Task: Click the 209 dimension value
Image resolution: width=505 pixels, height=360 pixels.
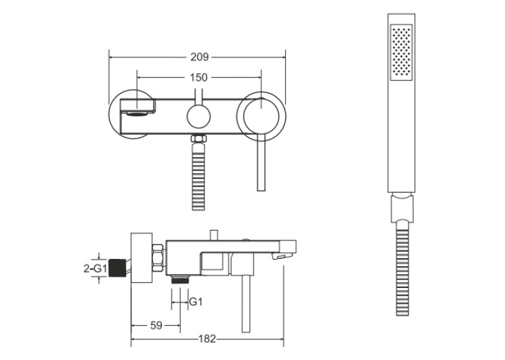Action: (x=199, y=57)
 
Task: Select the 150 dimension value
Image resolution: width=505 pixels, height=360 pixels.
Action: (x=199, y=78)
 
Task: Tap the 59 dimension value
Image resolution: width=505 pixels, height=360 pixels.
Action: (x=156, y=326)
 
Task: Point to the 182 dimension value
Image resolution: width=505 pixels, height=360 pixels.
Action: (x=207, y=339)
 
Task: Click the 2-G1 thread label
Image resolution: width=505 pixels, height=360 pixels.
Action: (x=94, y=268)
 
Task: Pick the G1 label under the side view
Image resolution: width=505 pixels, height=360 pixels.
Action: (x=196, y=302)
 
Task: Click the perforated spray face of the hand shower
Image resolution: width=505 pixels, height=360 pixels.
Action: (x=401, y=52)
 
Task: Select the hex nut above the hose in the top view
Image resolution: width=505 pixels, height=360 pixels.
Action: (x=199, y=139)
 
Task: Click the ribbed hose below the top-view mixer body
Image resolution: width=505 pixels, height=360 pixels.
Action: (x=199, y=176)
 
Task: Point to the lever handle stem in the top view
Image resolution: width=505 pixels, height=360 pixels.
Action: (x=261, y=162)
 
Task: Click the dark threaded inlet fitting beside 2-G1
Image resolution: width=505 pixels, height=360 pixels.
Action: (x=117, y=268)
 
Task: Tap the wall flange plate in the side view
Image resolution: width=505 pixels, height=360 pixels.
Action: (x=141, y=258)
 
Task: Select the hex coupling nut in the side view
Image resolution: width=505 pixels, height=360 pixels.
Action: (x=158, y=258)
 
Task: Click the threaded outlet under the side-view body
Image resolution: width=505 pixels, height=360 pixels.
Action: (x=180, y=279)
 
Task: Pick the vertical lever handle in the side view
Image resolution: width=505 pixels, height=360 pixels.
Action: (x=246, y=304)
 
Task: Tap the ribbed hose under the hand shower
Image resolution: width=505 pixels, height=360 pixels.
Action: (x=402, y=268)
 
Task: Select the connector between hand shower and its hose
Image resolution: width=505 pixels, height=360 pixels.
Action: (x=401, y=208)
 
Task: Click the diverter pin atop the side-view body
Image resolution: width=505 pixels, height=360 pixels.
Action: (x=214, y=235)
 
